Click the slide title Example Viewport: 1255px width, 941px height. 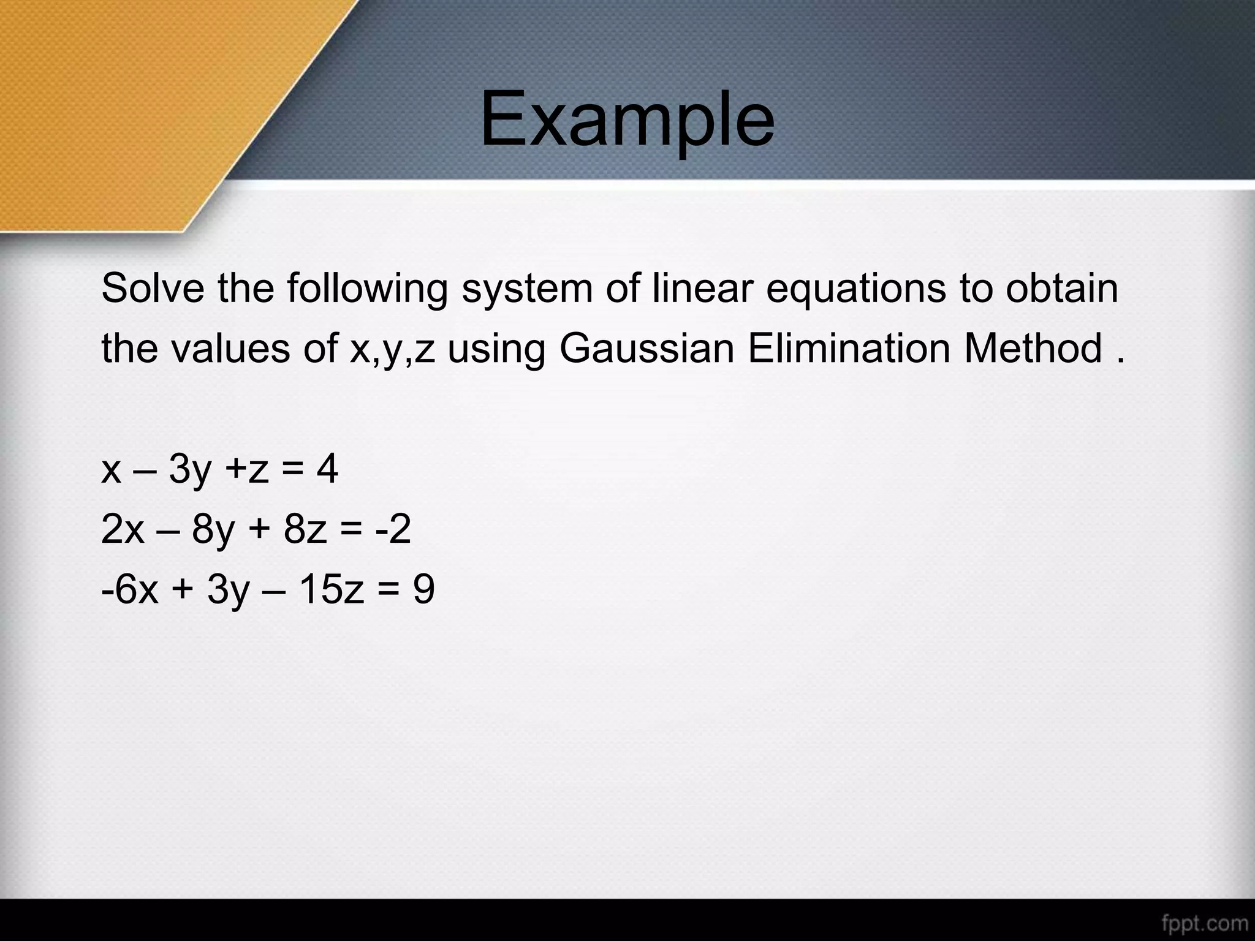[x=627, y=119]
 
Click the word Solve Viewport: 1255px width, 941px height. [x=153, y=288]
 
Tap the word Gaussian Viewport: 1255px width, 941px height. [x=646, y=348]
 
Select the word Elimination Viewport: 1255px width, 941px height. [x=848, y=348]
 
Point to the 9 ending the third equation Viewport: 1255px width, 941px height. [x=423, y=589]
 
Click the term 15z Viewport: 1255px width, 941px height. [x=331, y=589]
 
